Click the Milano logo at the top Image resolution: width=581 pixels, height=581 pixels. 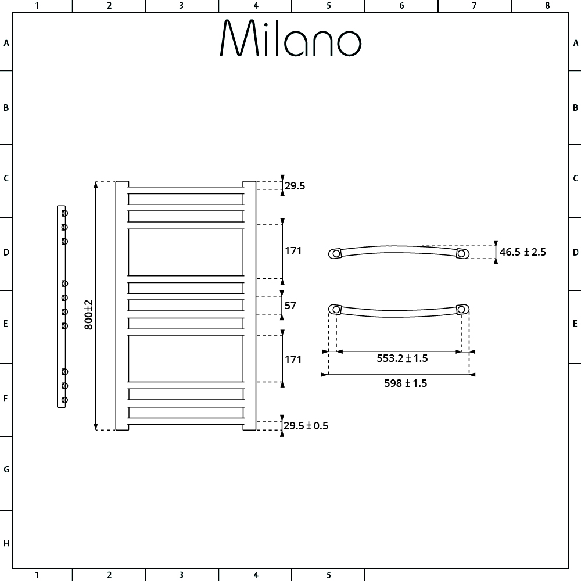[x=290, y=38]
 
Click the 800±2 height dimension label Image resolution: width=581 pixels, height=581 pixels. [x=88, y=314]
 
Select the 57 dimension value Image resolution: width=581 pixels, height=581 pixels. [x=290, y=306]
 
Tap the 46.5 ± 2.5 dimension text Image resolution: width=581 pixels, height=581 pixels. [x=523, y=252]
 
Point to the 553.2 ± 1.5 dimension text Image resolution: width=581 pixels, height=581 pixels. [x=402, y=358]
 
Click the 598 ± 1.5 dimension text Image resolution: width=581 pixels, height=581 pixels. [x=406, y=383]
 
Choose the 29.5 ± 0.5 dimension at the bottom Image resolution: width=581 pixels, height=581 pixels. [x=306, y=426]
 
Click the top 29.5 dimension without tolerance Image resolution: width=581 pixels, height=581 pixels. [x=295, y=186]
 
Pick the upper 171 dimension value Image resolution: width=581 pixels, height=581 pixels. [x=293, y=251]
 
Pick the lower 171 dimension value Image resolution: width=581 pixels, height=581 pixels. [x=293, y=360]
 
